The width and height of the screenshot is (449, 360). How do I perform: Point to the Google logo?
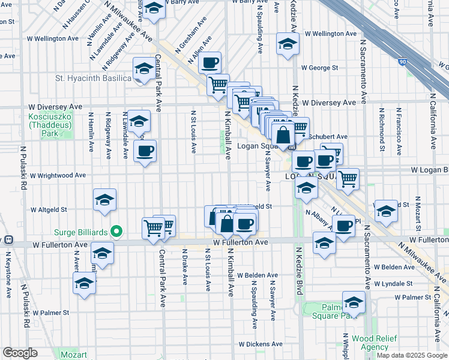(20, 353)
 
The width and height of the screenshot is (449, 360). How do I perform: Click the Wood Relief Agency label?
(370, 343)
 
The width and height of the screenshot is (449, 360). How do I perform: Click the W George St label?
(321, 68)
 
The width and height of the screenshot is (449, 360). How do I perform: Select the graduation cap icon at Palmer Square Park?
(354, 301)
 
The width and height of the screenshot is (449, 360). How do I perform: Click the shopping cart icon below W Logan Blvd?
(348, 178)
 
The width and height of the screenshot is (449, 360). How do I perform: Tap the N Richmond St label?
(381, 127)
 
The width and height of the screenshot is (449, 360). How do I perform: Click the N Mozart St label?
(415, 217)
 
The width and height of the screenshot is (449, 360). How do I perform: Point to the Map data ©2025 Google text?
(411, 355)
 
